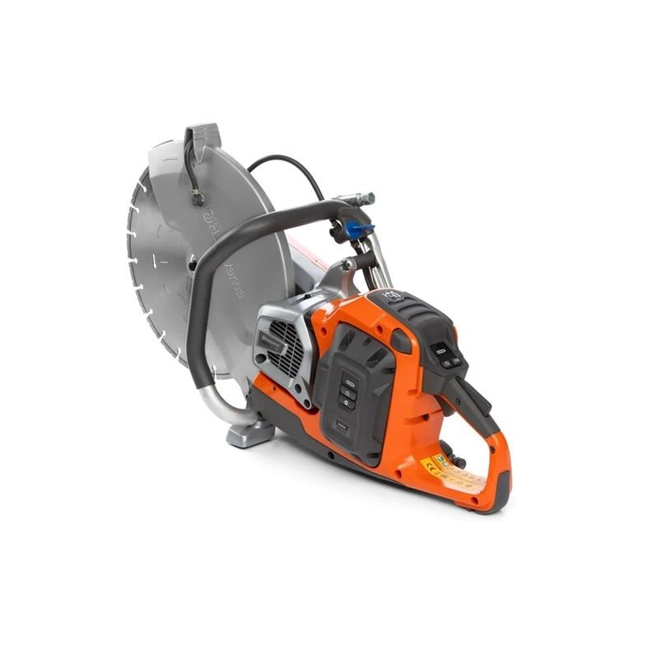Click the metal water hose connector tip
pos(365,197)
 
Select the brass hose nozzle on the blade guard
pos(197,197)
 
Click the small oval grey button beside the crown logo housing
pos(401,341)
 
